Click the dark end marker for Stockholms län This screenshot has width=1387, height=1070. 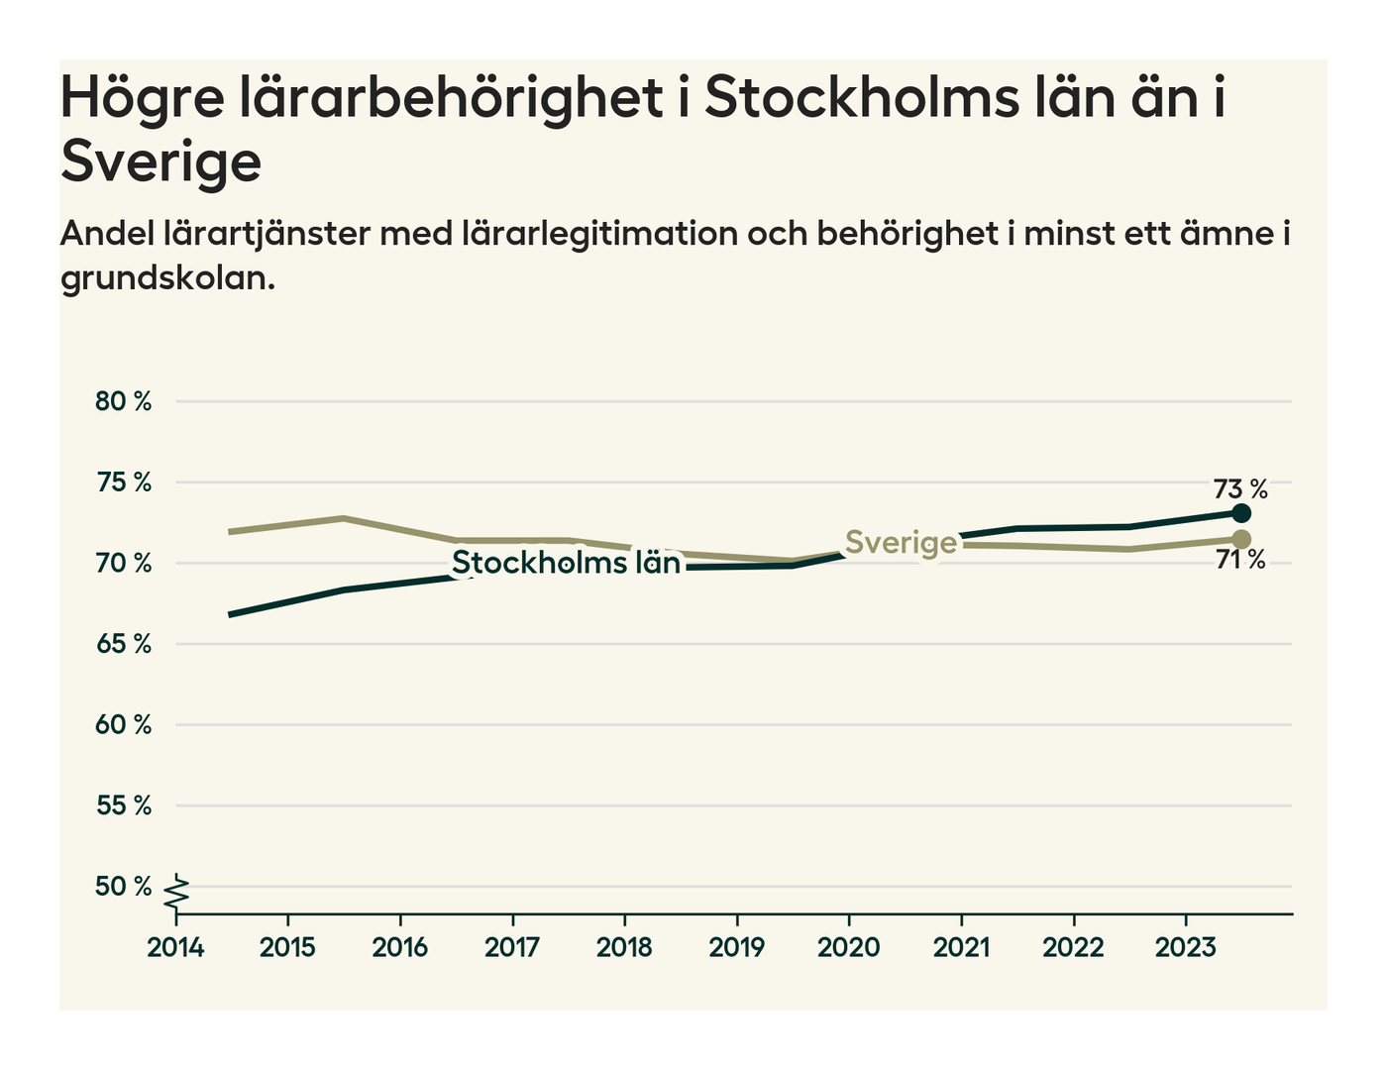coord(1241,513)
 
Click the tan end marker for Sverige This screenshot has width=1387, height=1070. coord(1241,539)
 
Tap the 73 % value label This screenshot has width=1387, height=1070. coord(1240,489)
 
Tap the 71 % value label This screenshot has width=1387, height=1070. coord(1240,561)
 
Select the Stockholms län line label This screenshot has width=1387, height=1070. coord(567,563)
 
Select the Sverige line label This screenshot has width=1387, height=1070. coord(902,543)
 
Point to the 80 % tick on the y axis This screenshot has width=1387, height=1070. coord(124,401)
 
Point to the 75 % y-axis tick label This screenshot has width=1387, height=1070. coord(124,482)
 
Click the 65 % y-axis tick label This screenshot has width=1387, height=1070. coord(124,644)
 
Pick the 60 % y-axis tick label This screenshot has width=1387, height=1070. coord(124,725)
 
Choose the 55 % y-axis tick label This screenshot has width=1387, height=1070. coord(124,805)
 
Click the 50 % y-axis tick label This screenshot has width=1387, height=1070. coord(124,887)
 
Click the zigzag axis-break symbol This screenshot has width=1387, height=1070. coord(176,893)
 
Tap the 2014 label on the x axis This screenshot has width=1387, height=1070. coord(175,948)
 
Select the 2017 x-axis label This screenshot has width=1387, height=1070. coord(512,948)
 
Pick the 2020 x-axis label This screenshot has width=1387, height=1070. coord(849,948)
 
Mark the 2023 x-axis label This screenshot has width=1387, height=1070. coord(1186,948)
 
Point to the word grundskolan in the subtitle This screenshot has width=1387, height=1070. coord(166,278)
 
